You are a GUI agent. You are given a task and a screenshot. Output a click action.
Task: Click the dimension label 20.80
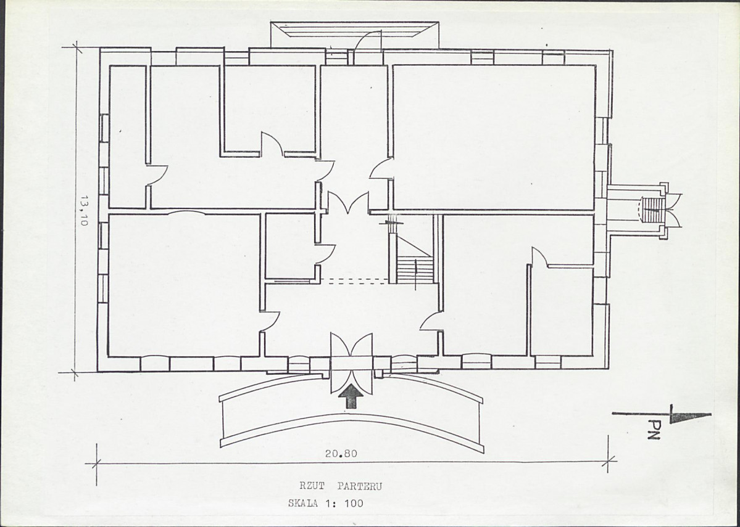[341, 454]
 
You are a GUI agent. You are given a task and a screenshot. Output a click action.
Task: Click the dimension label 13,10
[84, 211]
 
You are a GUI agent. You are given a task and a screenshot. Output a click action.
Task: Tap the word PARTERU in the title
[360, 486]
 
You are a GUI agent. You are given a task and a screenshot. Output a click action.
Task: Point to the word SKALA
[304, 504]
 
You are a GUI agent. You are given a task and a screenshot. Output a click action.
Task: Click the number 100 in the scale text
[354, 504]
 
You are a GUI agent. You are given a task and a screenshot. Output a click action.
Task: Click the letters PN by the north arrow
[654, 430]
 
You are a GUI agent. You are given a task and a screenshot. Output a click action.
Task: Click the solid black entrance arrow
[351, 396]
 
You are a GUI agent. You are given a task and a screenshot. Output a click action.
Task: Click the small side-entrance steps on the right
[654, 210]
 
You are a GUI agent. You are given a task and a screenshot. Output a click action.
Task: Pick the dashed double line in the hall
[358, 282]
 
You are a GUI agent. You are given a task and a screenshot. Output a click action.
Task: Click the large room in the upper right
[494, 137]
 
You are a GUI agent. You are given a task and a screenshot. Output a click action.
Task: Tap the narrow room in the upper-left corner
[127, 137]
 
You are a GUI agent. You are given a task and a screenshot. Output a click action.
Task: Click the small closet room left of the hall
[290, 246]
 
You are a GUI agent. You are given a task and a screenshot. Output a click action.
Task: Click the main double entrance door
[351, 363]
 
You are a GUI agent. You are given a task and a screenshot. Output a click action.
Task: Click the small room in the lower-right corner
[562, 312]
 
